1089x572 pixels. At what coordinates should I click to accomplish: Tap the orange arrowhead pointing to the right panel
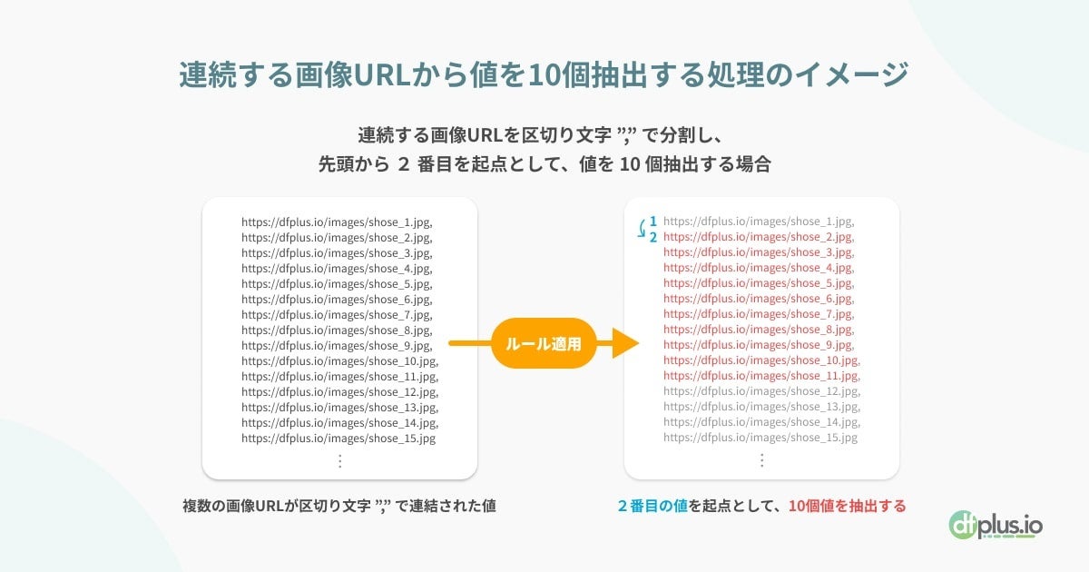pos(625,343)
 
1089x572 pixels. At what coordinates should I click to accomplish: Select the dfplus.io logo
pos(996,525)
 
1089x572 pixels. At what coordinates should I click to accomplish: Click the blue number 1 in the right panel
pos(653,221)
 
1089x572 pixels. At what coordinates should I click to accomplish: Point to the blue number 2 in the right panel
pos(653,237)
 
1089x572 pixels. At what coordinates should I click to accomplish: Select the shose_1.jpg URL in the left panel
pos(337,222)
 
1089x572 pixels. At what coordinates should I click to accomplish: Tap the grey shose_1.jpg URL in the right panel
pos(759,222)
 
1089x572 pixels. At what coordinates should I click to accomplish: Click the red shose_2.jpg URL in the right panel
pos(759,237)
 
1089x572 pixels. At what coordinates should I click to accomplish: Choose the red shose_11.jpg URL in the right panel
pos(761,376)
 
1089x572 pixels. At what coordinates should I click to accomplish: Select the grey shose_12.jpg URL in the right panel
pos(761,391)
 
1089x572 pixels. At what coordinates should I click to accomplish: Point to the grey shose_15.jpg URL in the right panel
pos(760,438)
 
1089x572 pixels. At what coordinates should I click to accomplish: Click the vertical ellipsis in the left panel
pos(340,461)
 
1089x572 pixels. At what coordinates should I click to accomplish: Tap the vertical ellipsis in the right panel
pos(762,461)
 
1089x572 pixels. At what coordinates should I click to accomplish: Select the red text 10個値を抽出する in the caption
pos(847,506)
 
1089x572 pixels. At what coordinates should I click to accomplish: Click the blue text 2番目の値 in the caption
pos(652,506)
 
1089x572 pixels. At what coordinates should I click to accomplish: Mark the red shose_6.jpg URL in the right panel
pos(759,299)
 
